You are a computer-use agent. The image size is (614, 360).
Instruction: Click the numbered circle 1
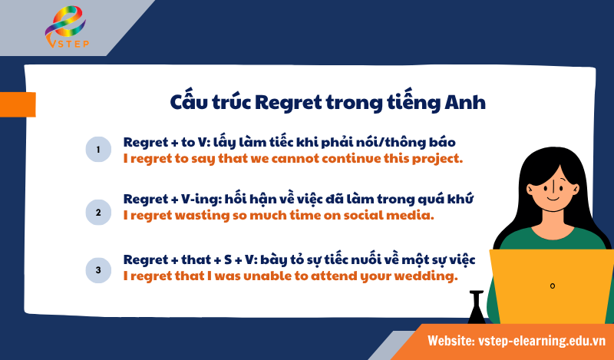(98, 149)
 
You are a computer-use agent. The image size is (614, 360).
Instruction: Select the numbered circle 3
(98, 269)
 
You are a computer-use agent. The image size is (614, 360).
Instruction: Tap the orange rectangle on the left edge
(17, 104)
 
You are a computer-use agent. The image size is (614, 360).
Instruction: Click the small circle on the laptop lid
(552, 286)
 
